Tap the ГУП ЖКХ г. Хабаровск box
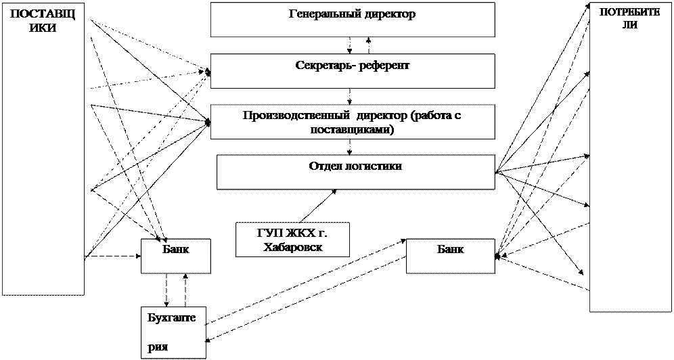point(292,240)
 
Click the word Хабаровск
point(292,247)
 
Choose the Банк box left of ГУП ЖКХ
point(176,256)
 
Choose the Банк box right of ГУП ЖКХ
point(450,256)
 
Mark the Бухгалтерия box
point(173,332)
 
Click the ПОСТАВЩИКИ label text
point(43,21)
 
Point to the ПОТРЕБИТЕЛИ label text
point(629,19)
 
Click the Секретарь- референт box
point(352,72)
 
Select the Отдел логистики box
point(355,172)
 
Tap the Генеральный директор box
point(352,20)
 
